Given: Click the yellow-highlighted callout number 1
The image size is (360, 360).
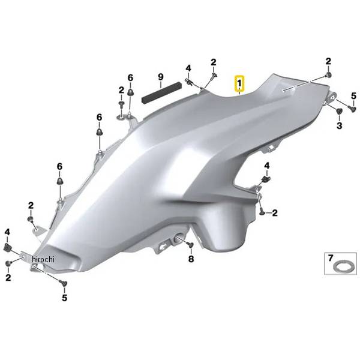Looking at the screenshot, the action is (239, 83).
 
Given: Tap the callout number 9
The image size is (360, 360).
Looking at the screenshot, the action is (161, 77).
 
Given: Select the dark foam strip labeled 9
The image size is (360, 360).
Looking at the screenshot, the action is (161, 92).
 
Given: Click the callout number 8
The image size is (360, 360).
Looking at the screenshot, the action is (191, 259).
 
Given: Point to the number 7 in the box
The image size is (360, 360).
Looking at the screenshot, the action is (331, 258).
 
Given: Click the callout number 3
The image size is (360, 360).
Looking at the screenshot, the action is (340, 125).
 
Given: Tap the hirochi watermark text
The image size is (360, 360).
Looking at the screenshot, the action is (43, 259).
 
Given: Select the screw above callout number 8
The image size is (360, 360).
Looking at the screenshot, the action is (190, 245).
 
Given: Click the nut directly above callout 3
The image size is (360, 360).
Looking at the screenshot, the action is (339, 112).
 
